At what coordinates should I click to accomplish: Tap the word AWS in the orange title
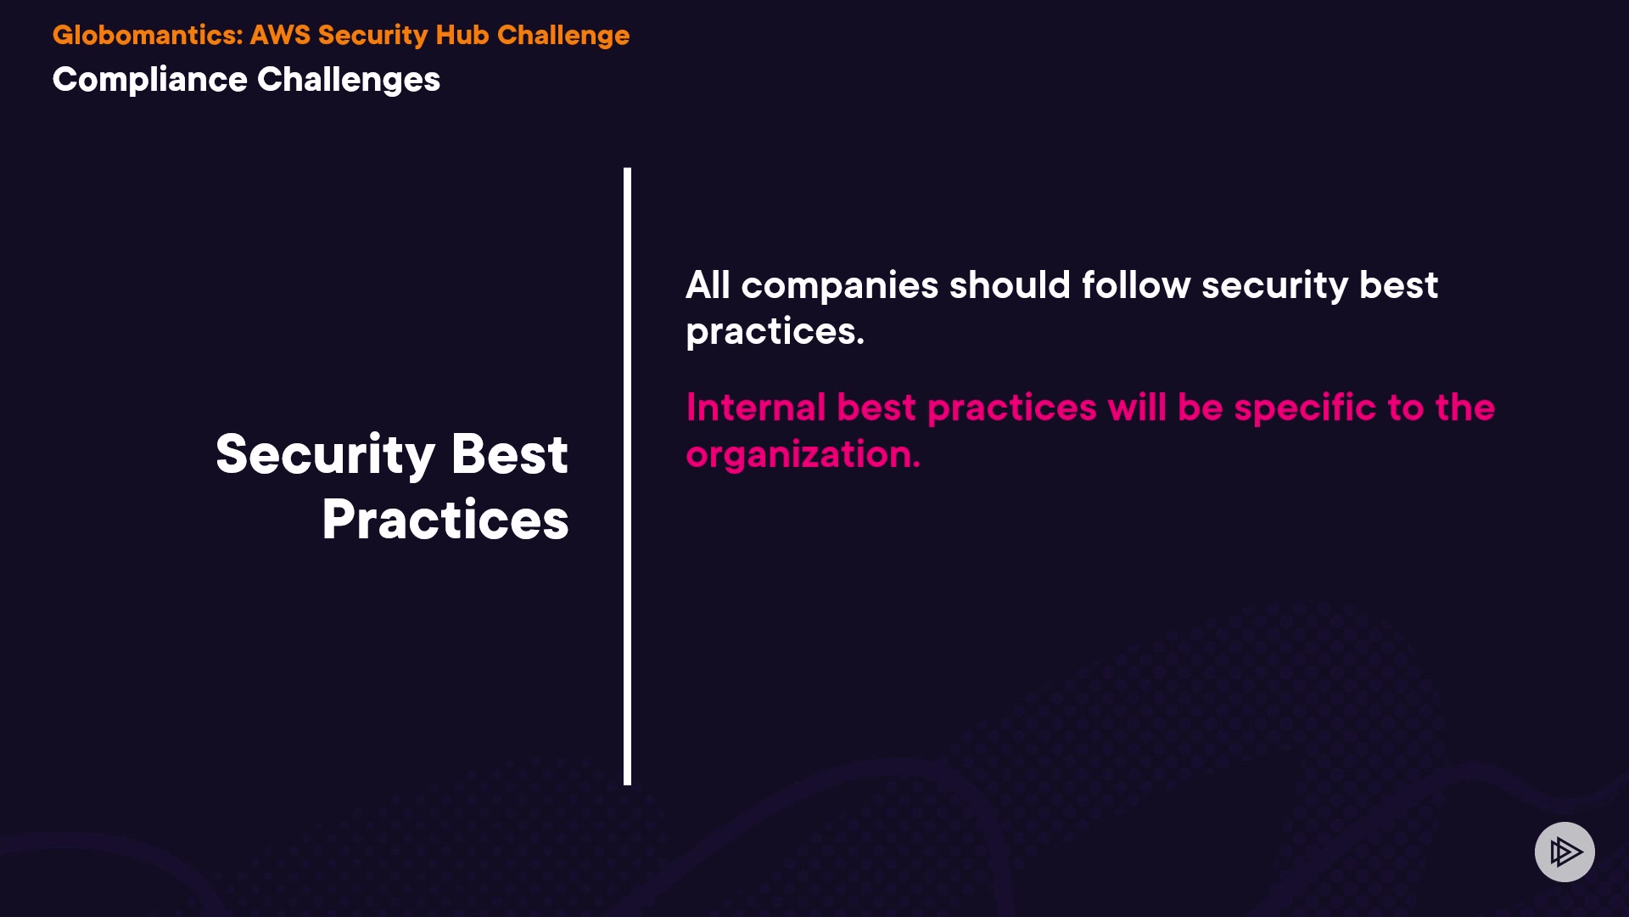point(280,35)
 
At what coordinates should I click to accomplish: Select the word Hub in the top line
point(462,35)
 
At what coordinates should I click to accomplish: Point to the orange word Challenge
point(563,36)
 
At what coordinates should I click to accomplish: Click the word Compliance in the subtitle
point(150,81)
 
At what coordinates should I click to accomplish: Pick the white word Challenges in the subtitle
point(349,81)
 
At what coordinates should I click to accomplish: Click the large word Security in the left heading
point(327,455)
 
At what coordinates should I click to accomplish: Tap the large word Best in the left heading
point(510,454)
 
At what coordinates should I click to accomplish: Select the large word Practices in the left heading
point(445,519)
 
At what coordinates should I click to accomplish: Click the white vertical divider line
point(628,476)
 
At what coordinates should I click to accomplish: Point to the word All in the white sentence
point(708,285)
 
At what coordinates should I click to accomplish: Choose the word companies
point(840,287)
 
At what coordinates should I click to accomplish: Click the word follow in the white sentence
point(1136,285)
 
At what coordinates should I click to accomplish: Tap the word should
point(1010,285)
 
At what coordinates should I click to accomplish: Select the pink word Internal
point(756,408)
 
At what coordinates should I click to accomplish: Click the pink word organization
point(803,455)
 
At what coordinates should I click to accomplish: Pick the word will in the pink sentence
point(1138,408)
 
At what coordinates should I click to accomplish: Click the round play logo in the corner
point(1565,852)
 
